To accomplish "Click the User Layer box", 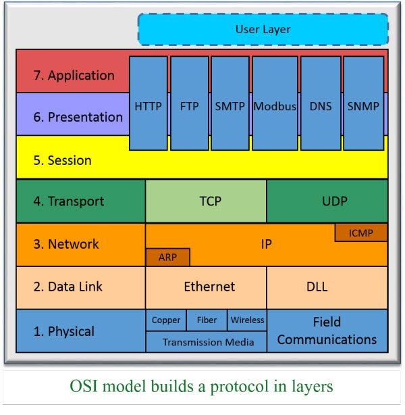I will click(x=263, y=30).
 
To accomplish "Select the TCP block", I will click(x=206, y=201).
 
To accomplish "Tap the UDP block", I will click(x=327, y=201).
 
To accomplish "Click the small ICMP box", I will click(x=360, y=233).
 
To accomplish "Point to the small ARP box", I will click(x=167, y=257).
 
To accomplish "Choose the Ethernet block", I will click(x=206, y=287).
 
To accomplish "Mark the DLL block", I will click(x=327, y=287).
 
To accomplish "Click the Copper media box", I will click(x=166, y=320).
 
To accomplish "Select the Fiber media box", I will click(x=207, y=320).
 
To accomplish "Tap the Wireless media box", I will click(x=248, y=320).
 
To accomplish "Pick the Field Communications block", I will click(x=327, y=331).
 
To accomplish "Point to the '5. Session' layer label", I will click(x=62, y=161).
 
